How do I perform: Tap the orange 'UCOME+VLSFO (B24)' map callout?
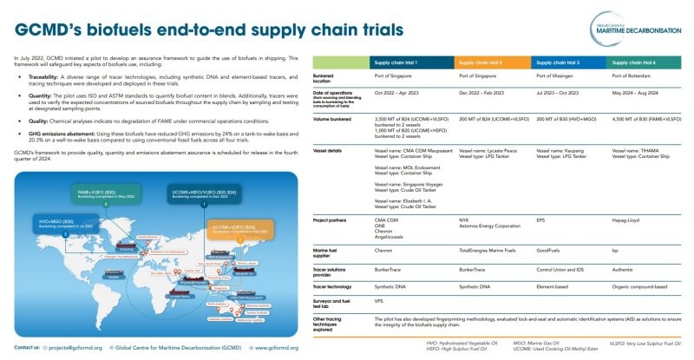click(234, 229)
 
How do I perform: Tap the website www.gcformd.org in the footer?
click(278, 347)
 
